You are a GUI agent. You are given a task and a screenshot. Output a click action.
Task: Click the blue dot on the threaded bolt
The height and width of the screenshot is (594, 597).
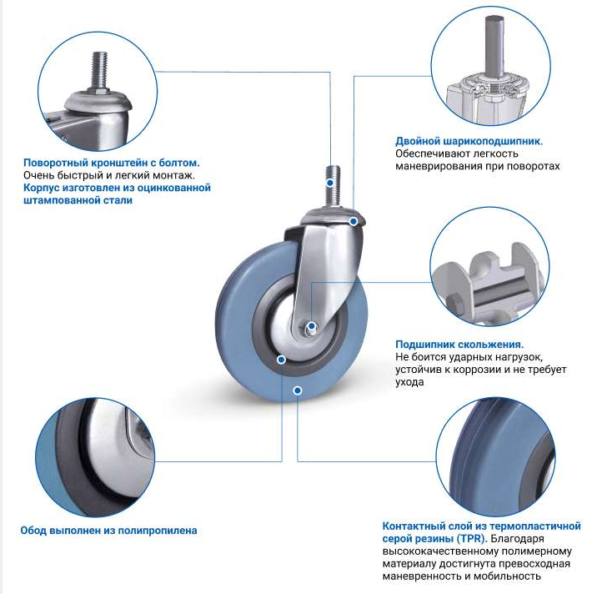click(330, 183)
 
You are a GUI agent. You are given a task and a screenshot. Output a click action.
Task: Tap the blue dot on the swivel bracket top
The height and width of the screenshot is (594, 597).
click(354, 221)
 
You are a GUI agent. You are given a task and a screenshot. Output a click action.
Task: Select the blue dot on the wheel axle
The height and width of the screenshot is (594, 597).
click(312, 325)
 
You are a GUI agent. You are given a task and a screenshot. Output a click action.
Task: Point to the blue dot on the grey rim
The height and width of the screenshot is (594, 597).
click(281, 360)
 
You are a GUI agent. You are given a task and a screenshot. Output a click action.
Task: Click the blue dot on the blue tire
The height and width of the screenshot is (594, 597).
click(298, 390)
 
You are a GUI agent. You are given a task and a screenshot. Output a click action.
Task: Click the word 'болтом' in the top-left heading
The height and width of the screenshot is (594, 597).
click(179, 163)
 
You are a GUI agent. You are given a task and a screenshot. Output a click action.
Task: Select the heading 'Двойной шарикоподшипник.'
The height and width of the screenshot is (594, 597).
click(469, 141)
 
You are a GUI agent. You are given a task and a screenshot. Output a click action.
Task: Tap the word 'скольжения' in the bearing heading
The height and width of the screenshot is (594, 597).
click(490, 345)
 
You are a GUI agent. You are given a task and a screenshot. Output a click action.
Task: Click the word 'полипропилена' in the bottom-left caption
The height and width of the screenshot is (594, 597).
click(158, 531)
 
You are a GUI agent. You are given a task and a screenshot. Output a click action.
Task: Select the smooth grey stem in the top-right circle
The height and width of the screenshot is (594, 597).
click(494, 45)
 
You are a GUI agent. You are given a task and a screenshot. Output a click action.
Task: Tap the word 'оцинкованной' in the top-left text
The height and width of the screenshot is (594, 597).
click(173, 188)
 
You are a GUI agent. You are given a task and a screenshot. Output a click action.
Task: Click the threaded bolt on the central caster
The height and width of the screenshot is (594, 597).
click(333, 187)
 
